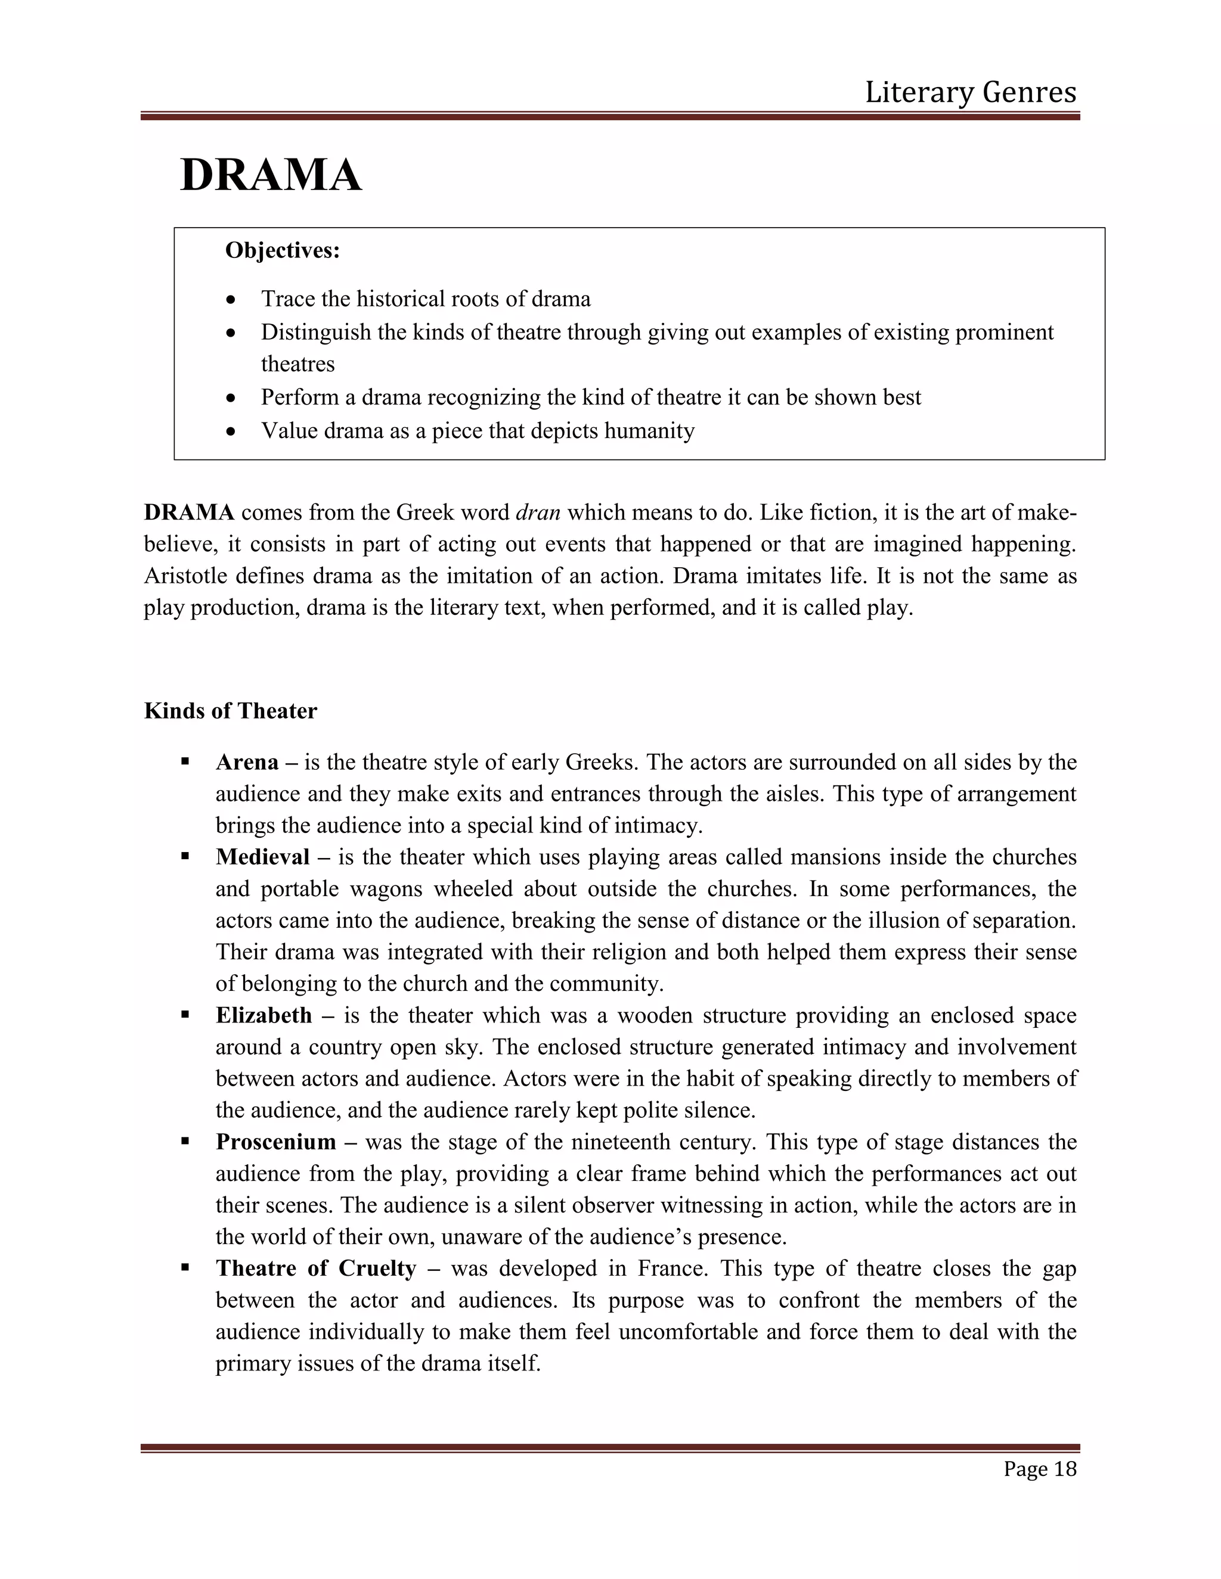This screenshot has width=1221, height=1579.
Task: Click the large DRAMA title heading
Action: tap(271, 176)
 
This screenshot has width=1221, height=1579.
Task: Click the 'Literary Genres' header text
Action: tap(970, 92)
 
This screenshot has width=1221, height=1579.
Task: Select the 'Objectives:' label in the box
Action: tap(282, 250)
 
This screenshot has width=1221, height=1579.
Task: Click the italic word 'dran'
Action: tap(538, 512)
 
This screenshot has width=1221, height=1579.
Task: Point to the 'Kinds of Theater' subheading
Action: tap(230, 711)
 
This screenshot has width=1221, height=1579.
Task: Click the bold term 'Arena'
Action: tap(247, 762)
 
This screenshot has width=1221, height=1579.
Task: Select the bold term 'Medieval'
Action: tap(262, 857)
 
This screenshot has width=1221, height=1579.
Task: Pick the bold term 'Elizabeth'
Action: tap(264, 1015)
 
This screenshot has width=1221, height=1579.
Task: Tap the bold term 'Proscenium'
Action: tap(275, 1142)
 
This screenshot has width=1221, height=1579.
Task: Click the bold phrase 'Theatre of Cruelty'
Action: tap(315, 1268)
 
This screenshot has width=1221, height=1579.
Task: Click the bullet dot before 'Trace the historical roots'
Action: tap(231, 299)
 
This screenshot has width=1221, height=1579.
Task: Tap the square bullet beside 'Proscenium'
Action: tap(185, 1142)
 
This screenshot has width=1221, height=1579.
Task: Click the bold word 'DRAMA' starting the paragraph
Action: tap(189, 512)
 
